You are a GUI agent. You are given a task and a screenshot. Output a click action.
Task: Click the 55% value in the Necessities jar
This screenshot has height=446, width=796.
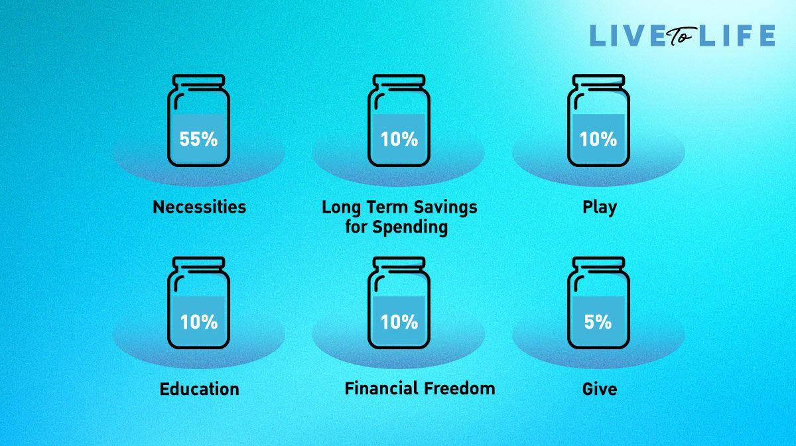pyautogui.click(x=198, y=139)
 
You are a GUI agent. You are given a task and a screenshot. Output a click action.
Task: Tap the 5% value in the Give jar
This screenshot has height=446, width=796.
pyautogui.click(x=598, y=321)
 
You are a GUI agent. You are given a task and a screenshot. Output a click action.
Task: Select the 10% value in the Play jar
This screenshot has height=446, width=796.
pyautogui.click(x=598, y=139)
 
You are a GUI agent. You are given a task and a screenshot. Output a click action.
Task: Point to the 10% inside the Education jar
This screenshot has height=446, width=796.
pyautogui.click(x=199, y=321)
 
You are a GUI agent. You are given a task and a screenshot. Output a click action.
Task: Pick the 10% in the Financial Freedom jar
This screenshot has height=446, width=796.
pyautogui.click(x=399, y=321)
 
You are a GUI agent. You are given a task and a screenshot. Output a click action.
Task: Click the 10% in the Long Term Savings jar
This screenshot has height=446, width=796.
pyautogui.click(x=399, y=139)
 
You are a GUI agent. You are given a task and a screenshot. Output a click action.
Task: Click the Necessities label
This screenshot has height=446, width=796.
pyautogui.click(x=200, y=207)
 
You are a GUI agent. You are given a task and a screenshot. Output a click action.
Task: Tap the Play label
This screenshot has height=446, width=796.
pyautogui.click(x=600, y=207)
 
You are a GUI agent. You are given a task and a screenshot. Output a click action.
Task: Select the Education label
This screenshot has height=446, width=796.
pyautogui.click(x=200, y=389)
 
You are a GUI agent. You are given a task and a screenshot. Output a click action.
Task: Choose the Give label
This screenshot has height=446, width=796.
pyautogui.click(x=600, y=389)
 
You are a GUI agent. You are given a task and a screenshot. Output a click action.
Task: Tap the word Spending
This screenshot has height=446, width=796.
pyautogui.click(x=410, y=227)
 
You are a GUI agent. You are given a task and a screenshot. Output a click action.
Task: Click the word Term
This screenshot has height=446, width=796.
pyautogui.click(x=387, y=207)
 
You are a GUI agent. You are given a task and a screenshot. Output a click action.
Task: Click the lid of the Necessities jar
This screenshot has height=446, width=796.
pyautogui.click(x=198, y=80)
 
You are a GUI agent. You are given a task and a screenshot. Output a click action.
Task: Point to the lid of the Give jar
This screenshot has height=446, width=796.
pyautogui.click(x=599, y=262)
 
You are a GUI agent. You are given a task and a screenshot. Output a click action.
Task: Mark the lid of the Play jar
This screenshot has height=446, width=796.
pyautogui.click(x=599, y=80)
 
